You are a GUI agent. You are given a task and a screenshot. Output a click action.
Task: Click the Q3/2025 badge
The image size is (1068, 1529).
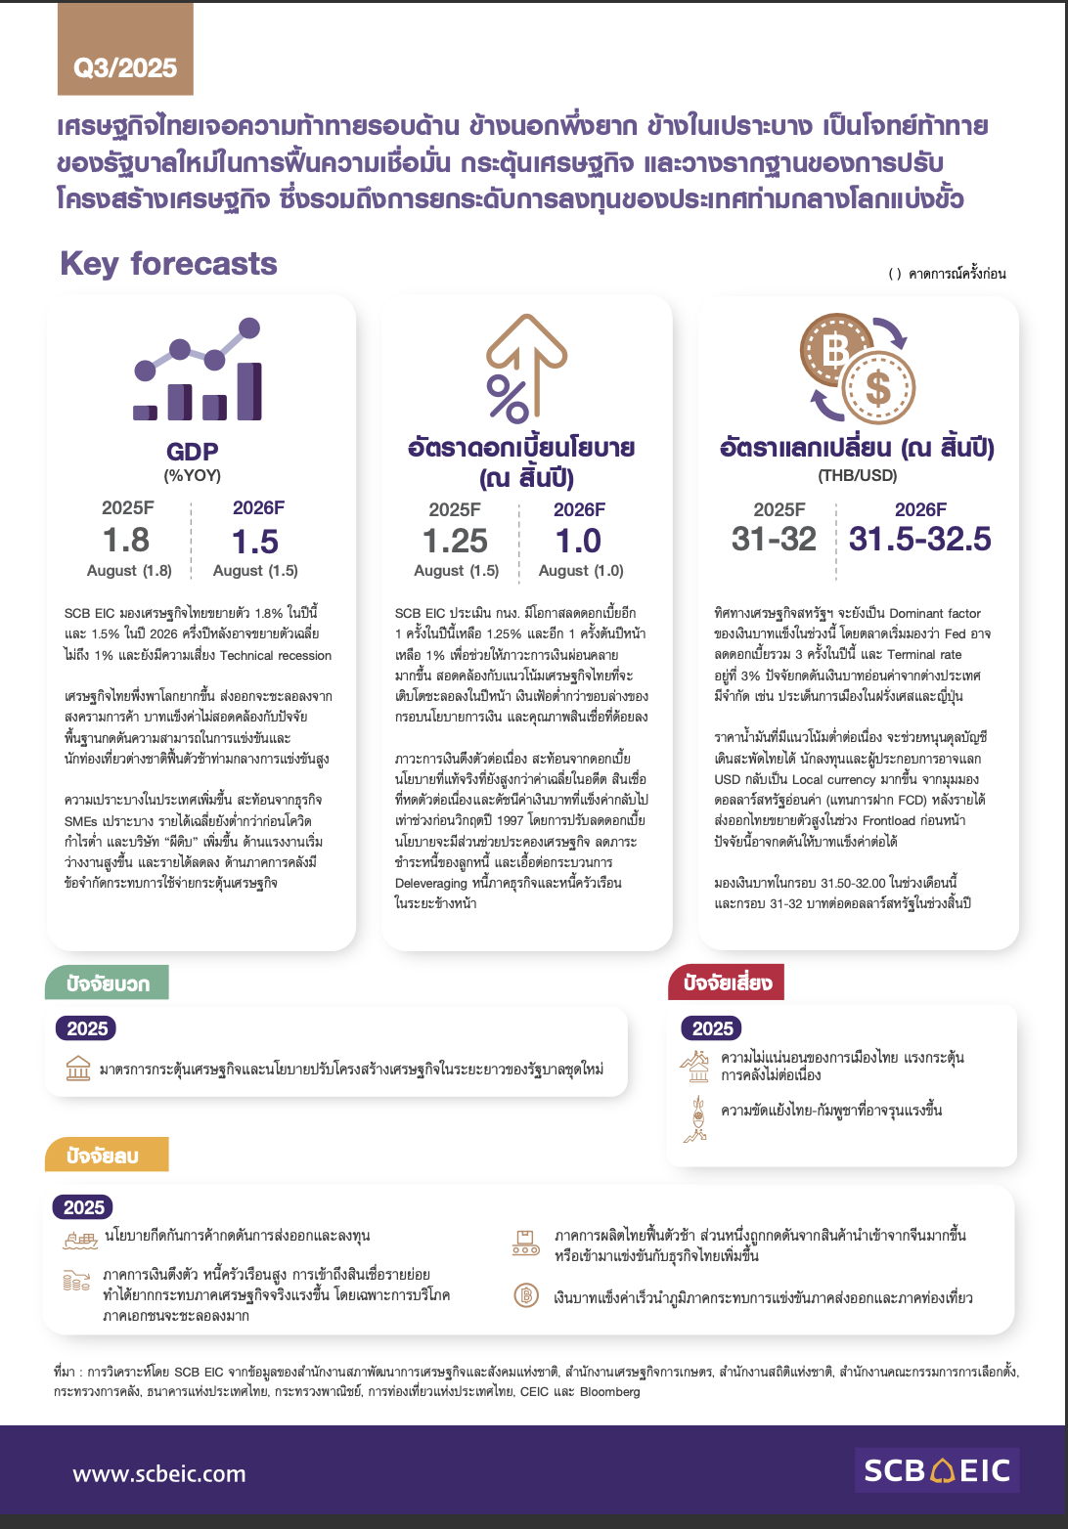click(125, 67)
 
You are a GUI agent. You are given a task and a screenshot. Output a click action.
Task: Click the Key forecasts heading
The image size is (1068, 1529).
click(168, 263)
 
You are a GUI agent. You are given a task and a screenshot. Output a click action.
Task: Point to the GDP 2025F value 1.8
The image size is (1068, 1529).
click(126, 540)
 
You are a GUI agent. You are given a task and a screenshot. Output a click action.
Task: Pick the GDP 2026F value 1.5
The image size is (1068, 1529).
click(255, 541)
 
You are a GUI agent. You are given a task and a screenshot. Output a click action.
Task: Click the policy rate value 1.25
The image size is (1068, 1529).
click(455, 541)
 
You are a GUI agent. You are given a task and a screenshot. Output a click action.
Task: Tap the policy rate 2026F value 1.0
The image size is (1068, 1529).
click(578, 541)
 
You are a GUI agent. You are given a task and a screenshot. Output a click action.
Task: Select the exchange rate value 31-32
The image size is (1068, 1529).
click(774, 539)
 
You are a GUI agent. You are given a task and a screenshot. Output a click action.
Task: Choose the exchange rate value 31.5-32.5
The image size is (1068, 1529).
click(919, 539)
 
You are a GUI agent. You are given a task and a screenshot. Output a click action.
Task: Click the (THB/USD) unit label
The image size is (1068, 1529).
click(857, 476)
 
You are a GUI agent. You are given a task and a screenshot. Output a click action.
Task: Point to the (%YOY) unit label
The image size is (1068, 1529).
click(192, 476)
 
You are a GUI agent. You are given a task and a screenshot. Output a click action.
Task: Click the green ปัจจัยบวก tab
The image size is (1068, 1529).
click(107, 983)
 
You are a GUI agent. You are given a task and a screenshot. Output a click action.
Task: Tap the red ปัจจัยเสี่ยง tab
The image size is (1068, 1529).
click(727, 983)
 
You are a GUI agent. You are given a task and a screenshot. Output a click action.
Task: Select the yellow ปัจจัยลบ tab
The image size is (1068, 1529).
click(106, 1155)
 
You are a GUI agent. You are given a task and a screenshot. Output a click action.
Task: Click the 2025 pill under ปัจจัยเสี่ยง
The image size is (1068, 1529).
click(712, 1028)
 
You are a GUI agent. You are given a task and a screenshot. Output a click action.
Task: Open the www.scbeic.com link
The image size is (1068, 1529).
click(159, 1473)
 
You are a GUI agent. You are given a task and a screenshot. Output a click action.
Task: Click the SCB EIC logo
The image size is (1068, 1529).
click(936, 1470)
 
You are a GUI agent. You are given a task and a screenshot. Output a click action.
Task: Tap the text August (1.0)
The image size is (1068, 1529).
click(581, 571)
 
